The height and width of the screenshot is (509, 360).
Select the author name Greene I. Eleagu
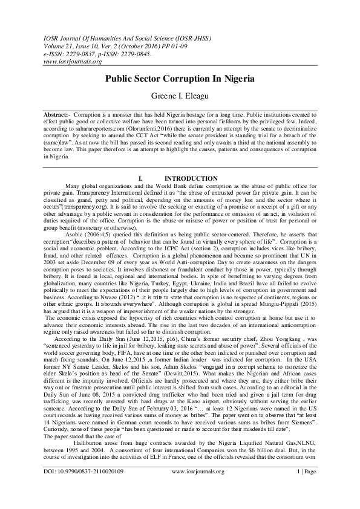click(x=180, y=95)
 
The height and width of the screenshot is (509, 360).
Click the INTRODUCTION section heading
click(x=191, y=178)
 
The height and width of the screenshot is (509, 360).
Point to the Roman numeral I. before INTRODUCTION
click(x=141, y=178)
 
